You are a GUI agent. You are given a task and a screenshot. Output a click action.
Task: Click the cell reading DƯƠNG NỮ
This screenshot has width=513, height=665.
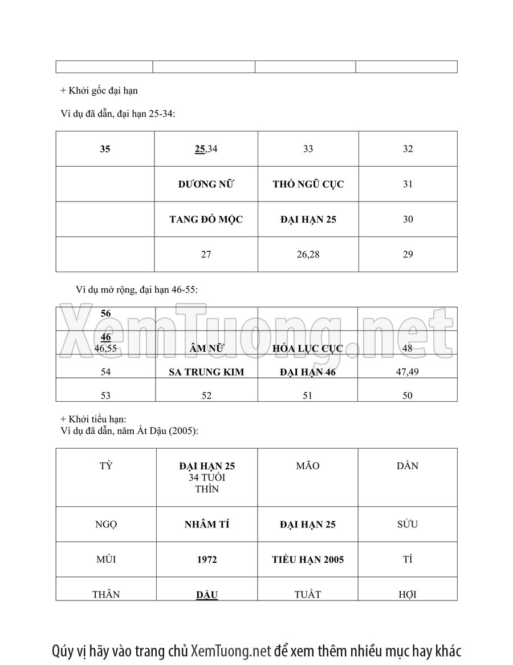click(206, 184)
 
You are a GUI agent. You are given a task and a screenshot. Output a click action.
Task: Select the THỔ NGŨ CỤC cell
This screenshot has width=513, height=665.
click(308, 184)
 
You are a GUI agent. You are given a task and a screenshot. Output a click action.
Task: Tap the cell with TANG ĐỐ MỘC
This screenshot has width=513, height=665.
click(206, 219)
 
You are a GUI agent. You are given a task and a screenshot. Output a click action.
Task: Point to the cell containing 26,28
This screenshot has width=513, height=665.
click(308, 255)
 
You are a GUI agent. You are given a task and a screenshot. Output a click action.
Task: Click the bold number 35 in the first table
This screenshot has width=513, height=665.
click(105, 149)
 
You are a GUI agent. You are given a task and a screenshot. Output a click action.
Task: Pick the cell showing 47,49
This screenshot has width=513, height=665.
click(407, 372)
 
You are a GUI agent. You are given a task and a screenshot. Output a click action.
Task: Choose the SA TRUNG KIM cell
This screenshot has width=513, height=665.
click(206, 372)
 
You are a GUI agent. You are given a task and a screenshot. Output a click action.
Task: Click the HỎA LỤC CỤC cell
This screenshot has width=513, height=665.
click(308, 348)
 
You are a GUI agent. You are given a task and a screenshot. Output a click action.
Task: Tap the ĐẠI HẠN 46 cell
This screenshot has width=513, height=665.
click(308, 372)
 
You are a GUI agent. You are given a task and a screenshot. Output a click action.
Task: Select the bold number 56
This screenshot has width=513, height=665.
click(106, 313)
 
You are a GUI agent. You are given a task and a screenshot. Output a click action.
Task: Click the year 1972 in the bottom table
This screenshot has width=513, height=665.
click(206, 560)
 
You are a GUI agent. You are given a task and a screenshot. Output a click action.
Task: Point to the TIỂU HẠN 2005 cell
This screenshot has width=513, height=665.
click(308, 560)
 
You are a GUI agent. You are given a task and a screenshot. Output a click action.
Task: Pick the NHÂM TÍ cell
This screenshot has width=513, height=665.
click(206, 525)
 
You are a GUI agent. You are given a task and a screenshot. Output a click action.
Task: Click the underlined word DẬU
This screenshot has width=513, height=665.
click(206, 595)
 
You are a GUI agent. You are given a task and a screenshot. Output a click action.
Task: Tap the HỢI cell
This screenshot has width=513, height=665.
click(408, 595)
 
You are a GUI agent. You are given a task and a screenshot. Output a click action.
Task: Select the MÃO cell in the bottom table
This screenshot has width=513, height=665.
click(308, 466)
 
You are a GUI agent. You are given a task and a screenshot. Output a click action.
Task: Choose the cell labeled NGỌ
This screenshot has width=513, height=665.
click(106, 525)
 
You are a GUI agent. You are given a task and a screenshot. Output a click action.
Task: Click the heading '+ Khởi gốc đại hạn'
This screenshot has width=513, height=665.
click(99, 90)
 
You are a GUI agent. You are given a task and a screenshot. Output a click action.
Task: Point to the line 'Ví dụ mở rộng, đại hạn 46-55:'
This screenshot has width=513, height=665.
click(136, 289)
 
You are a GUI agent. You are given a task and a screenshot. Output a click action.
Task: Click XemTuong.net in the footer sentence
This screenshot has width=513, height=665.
click(230, 651)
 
